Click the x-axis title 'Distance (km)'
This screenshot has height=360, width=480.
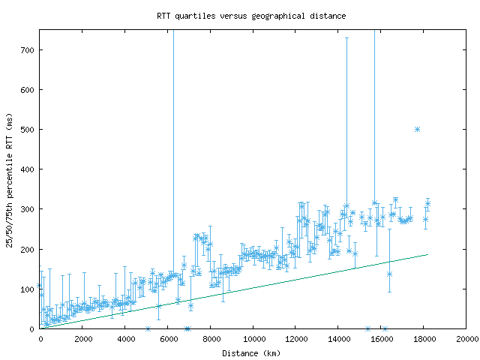pos(251,353)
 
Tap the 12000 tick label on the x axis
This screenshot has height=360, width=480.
pos(296,339)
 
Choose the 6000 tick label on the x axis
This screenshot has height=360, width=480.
pos(169,339)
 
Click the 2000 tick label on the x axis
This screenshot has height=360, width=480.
pos(83,339)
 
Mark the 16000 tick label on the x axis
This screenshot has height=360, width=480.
pos(381,339)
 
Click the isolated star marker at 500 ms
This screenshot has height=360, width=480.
pos(417,129)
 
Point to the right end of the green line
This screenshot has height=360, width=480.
pos(427,254)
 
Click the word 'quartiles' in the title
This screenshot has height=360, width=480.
pos(193,15)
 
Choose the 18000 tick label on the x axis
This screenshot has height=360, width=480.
pos(424,339)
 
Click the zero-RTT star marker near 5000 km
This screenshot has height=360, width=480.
pos(148,328)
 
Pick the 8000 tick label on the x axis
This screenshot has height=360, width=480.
pos(211,339)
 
